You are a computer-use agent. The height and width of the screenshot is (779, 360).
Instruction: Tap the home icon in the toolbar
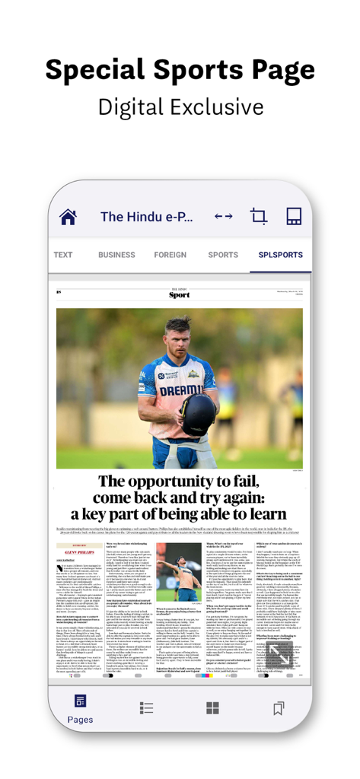pos(68,217)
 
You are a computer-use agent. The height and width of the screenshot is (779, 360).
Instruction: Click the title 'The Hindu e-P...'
pos(147,217)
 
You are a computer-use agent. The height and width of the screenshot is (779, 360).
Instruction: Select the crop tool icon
pos(258,217)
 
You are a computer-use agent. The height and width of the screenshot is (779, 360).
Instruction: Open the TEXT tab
pos(63,255)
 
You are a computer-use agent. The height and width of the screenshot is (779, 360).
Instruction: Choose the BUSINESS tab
pos(116,255)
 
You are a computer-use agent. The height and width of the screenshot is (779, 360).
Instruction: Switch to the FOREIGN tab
pos(170,255)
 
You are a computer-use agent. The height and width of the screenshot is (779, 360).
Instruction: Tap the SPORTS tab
pos(223,255)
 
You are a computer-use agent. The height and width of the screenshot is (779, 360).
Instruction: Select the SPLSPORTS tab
pos(280,255)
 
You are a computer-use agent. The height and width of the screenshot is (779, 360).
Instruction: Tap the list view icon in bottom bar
pos(147,708)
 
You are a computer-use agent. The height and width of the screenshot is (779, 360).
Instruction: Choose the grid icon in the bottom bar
pos(213,708)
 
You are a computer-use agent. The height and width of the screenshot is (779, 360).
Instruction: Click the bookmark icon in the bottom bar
pos(279,708)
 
